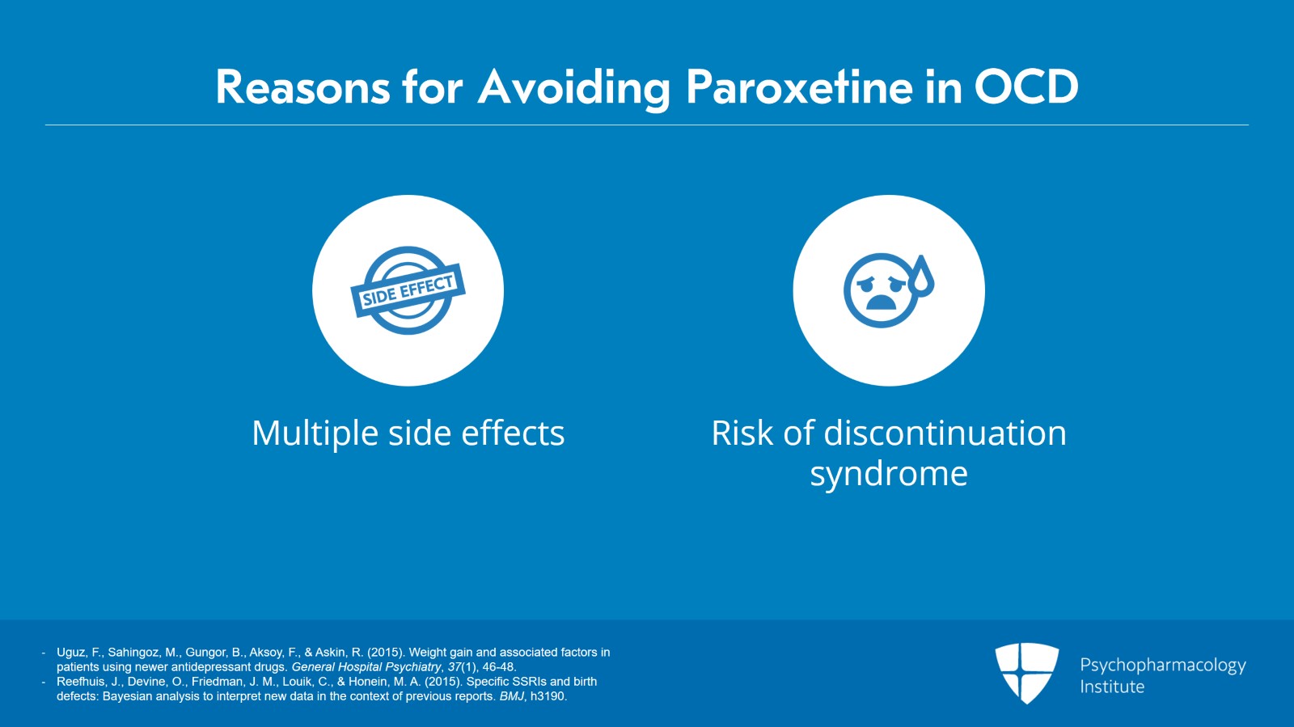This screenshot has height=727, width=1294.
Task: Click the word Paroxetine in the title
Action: pos(799,87)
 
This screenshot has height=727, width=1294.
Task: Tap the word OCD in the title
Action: pos(1025,87)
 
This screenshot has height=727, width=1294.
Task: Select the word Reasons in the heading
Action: pos(302,87)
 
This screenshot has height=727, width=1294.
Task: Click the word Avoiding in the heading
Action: pos(573,87)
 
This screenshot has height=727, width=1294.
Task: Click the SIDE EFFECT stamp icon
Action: pos(408,290)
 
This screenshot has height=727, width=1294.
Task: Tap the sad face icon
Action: pos(880,291)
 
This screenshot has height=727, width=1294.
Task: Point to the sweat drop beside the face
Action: pos(921,275)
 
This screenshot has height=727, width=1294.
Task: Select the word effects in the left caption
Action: pos(512,433)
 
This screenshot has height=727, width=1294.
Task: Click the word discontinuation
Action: pos(945,433)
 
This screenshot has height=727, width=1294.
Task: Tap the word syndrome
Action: pos(888,474)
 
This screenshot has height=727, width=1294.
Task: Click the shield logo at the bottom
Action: pos(1026,672)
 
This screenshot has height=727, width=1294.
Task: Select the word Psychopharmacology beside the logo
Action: pos(1162,666)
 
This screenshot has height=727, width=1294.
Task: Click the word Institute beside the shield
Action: pos(1111,687)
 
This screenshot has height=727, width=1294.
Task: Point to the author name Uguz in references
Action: pos(71,652)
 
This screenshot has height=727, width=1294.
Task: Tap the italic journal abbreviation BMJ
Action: pos(511,696)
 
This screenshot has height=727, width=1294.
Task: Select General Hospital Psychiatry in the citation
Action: pos(366,667)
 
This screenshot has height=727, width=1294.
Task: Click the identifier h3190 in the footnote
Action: pos(548,696)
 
